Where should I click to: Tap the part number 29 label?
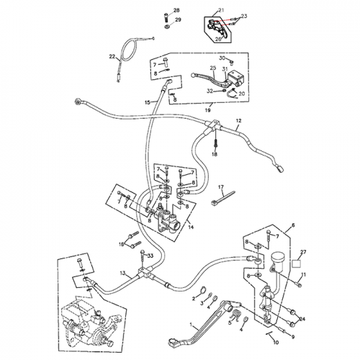tap(177, 20)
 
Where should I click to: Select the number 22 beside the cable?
tap(112, 57)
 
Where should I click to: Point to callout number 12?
tap(238, 120)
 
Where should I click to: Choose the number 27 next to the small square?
tap(302, 252)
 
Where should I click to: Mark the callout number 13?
tap(123, 274)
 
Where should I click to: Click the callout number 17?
tap(221, 188)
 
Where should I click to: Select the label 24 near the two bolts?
tap(302, 318)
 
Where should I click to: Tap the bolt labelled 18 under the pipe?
tap(214, 143)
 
